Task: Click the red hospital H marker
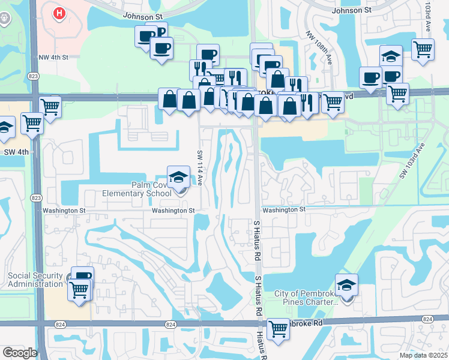pyautogui.click(x=59, y=13)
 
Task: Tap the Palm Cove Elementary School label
pyautogui.click(x=154, y=190)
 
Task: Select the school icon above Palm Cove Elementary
pyautogui.click(x=178, y=177)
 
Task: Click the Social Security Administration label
pyautogui.click(x=35, y=280)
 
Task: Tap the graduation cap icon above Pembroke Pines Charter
pyautogui.click(x=346, y=285)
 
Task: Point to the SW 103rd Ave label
pyautogui.click(x=411, y=161)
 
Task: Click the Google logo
pyautogui.click(x=20, y=353)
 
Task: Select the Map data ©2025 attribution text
pyautogui.click(x=423, y=355)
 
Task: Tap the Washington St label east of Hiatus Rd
pyautogui.click(x=284, y=209)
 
